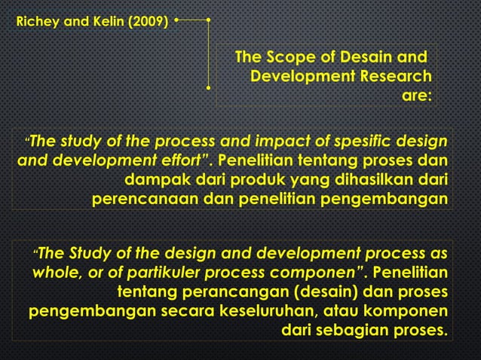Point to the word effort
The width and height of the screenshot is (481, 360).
[x=181, y=160]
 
